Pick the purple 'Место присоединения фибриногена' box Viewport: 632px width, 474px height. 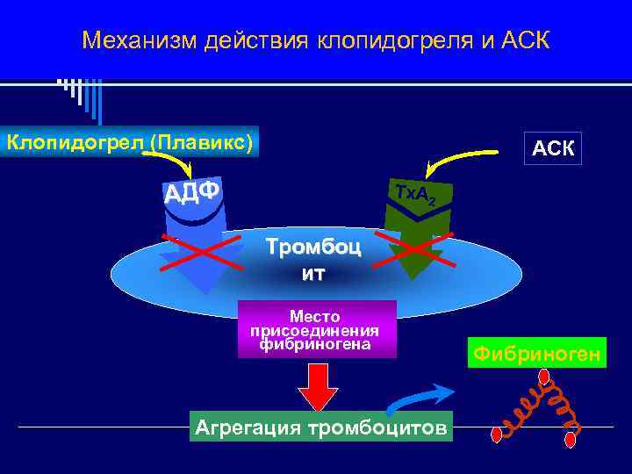314,329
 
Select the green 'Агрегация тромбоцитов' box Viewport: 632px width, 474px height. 320,427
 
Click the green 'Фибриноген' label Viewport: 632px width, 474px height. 535,353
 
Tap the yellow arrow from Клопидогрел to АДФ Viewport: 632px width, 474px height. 170,162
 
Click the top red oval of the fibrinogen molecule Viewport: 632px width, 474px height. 544,377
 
